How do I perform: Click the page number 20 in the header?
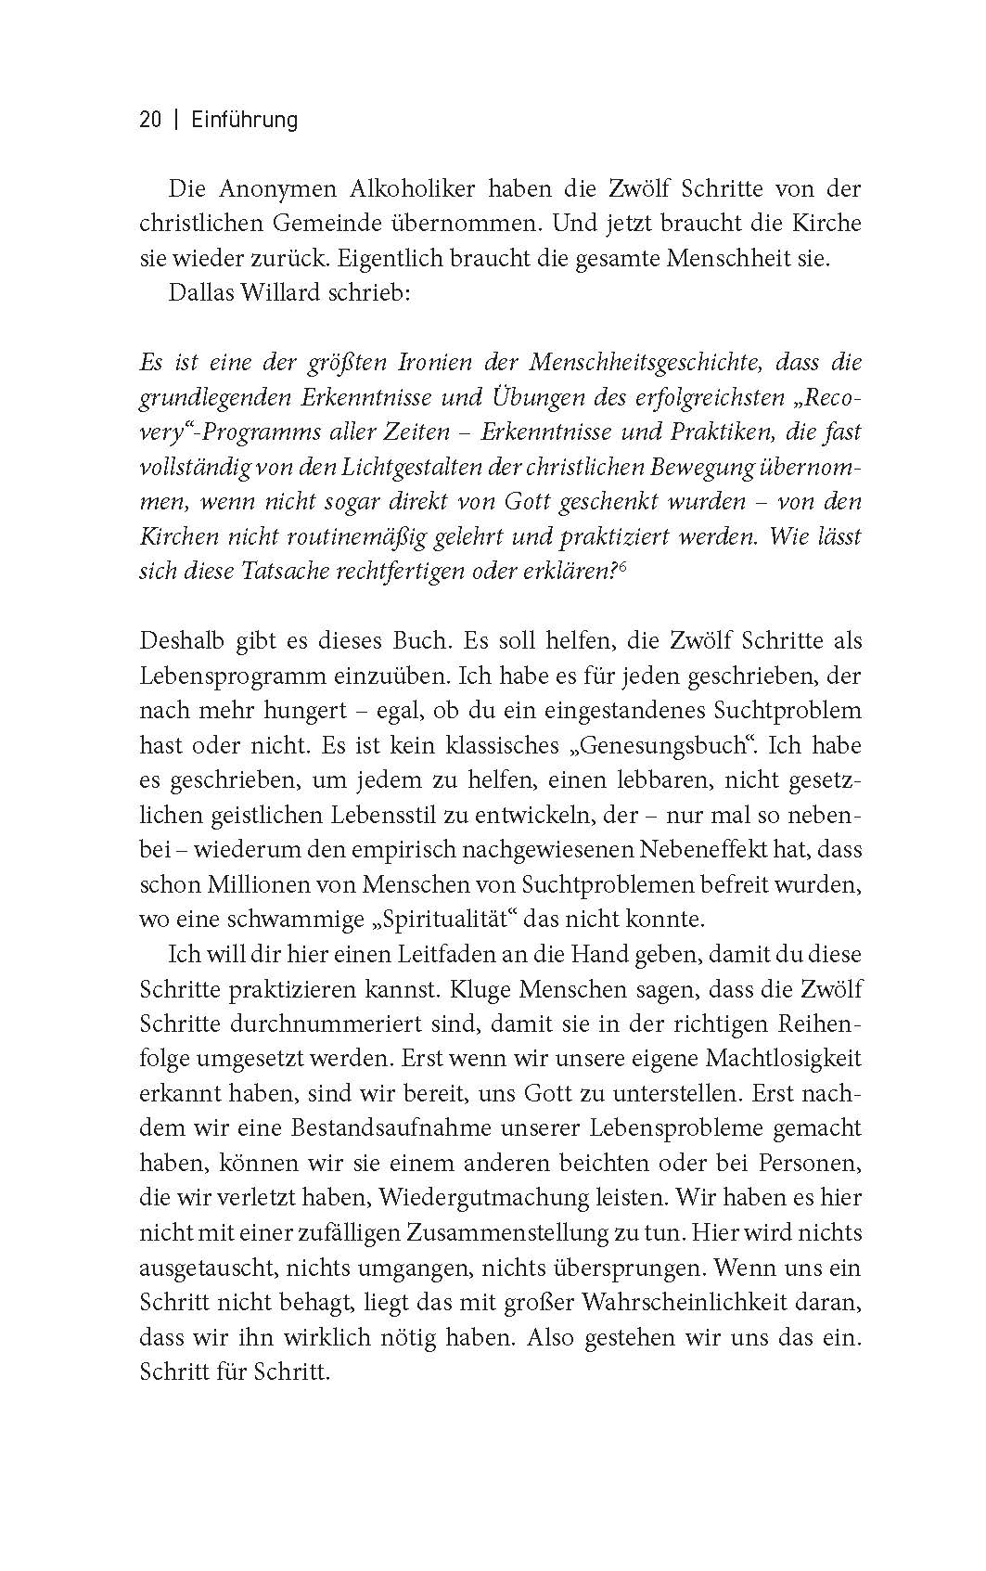pos(150,120)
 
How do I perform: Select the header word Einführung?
pos(244,120)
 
